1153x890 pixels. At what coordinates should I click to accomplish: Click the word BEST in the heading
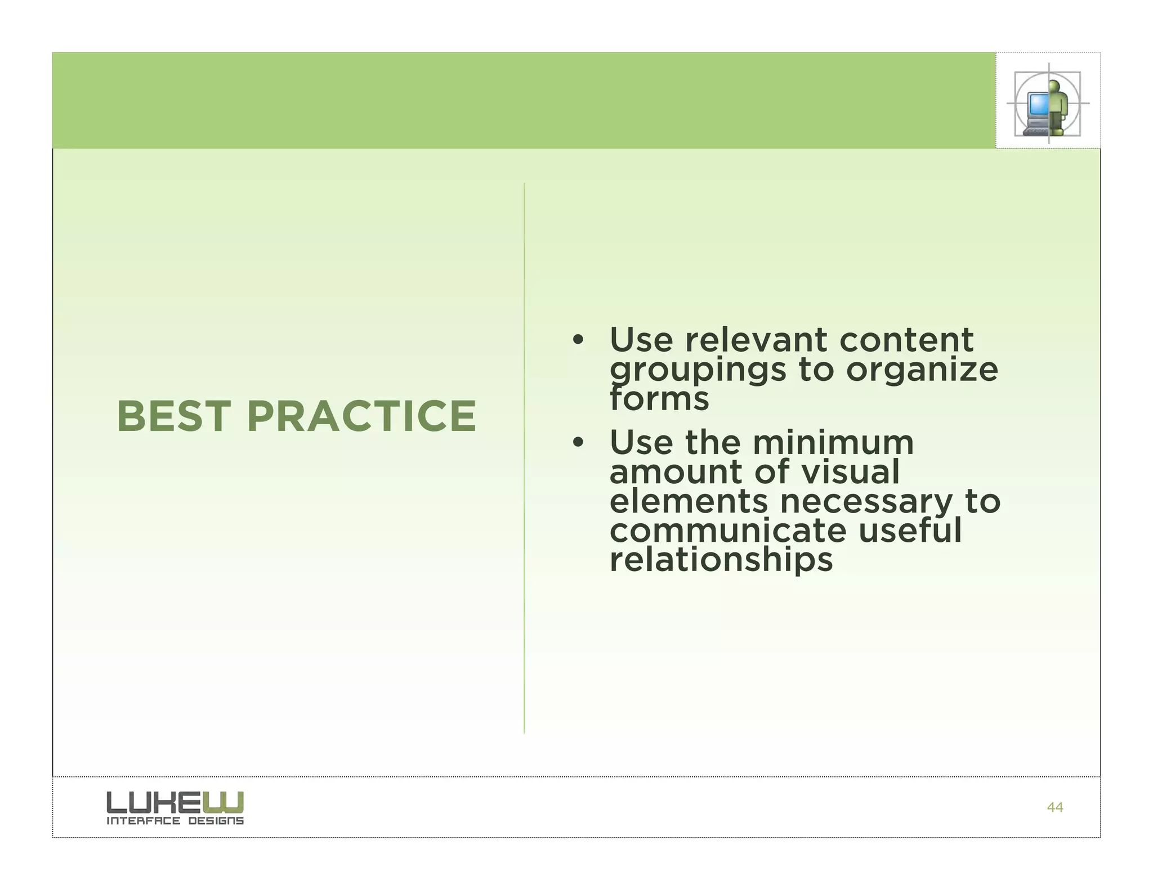[x=173, y=416]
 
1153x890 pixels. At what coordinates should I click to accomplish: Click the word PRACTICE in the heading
[x=361, y=416]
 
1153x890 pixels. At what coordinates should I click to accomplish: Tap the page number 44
[x=1054, y=807]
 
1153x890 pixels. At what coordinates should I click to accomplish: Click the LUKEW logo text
[x=175, y=802]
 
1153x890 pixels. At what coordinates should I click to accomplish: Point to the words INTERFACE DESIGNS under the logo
[x=175, y=821]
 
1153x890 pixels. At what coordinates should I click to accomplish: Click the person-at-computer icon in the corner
[x=1047, y=104]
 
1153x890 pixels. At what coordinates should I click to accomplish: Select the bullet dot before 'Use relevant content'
[x=577, y=340]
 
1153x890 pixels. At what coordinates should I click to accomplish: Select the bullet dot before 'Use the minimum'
[x=577, y=443]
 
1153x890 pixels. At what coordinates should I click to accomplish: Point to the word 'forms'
[x=659, y=399]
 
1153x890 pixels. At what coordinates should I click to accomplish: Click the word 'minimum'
[x=833, y=443]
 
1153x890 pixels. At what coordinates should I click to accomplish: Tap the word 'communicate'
[x=728, y=531]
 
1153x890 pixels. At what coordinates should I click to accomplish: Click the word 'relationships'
[x=721, y=560]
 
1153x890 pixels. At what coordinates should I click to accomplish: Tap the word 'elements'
[x=688, y=502]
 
